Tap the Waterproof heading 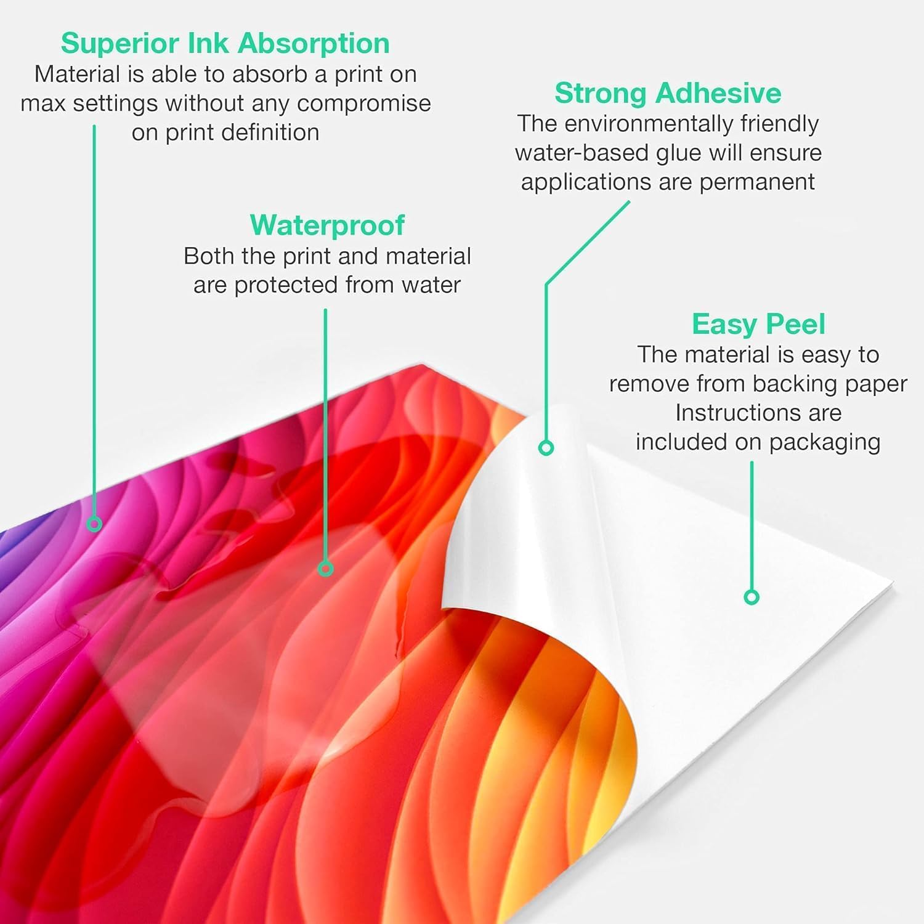[327, 225]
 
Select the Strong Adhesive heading [668, 93]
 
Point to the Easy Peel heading [758, 325]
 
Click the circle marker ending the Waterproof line [325, 569]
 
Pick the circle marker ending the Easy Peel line [752, 597]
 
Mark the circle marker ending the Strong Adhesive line [546, 448]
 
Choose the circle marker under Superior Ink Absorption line [94, 524]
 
